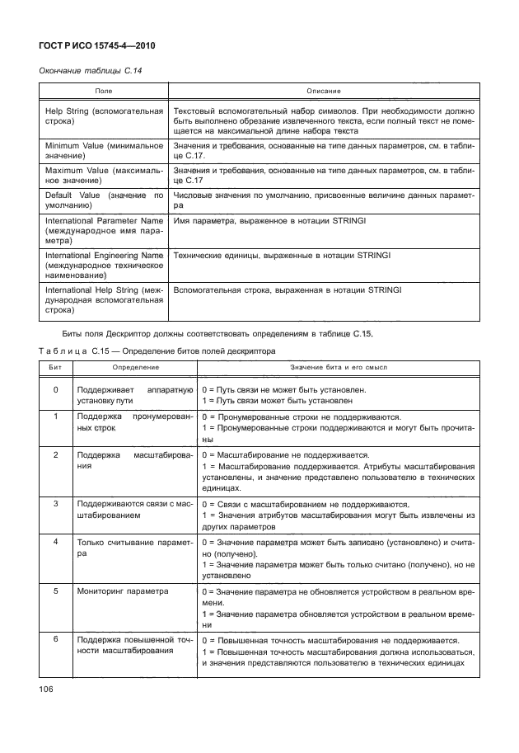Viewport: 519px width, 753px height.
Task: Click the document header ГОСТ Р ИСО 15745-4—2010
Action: pyautogui.click(x=98, y=45)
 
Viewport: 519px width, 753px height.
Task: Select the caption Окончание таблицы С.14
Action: pyautogui.click(x=91, y=72)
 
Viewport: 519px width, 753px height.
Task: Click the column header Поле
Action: pyautogui.click(x=104, y=90)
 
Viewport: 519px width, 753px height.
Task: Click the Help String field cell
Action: pyautogui.click(x=104, y=115)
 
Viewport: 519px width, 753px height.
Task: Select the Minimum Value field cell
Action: pyautogui.click(x=104, y=150)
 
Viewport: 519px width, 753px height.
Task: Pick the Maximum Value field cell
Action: pyautogui.click(x=104, y=175)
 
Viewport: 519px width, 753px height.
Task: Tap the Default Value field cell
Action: pyautogui.click(x=104, y=200)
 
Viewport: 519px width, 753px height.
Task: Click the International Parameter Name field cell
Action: pyautogui.click(x=104, y=232)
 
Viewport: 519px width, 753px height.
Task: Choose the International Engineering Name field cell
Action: pyautogui.click(x=104, y=267)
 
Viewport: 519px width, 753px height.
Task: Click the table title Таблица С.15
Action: pyautogui.click(x=157, y=351)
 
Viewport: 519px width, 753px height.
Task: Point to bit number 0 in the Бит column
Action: pyautogui.click(x=55, y=389)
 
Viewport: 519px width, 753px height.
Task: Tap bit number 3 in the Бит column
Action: pyautogui.click(x=55, y=502)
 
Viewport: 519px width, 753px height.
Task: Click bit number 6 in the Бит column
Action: pyautogui.click(x=55, y=638)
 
